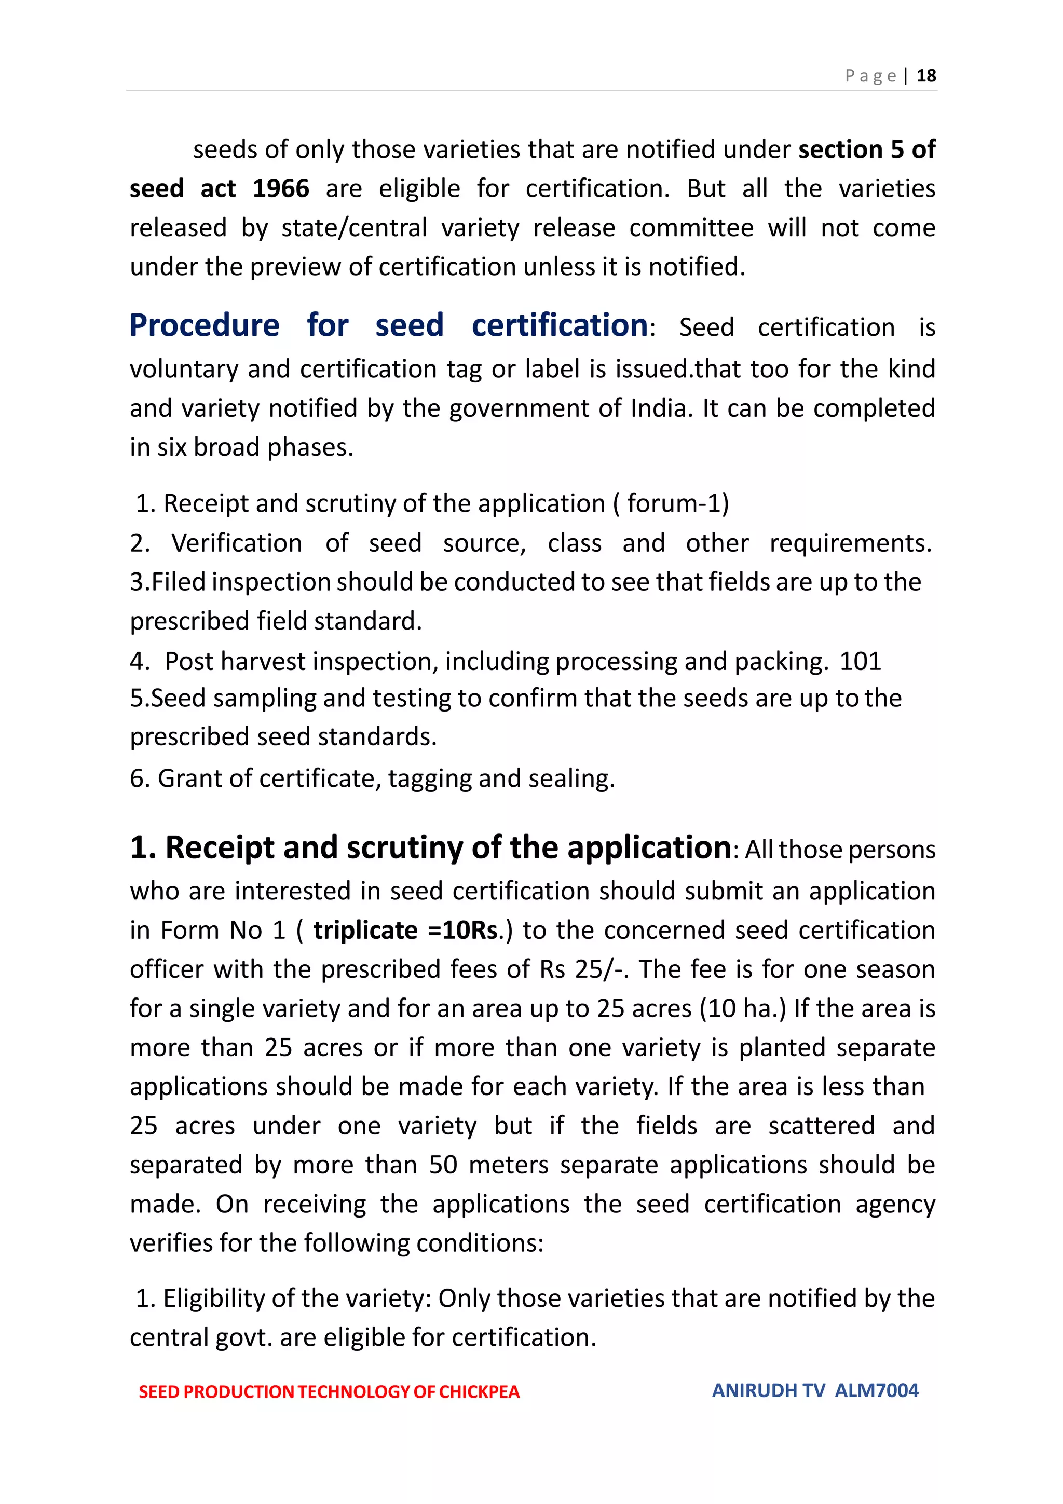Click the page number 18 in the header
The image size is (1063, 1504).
pos(926,76)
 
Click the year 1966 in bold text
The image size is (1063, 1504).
pos(280,189)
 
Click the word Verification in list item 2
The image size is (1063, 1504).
pos(237,543)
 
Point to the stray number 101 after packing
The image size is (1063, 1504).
pos(860,661)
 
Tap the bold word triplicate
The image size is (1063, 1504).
pos(365,930)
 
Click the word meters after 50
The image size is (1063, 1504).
pos(508,1165)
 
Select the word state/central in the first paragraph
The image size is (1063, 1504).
pos(353,228)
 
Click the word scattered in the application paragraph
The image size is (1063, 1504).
pos(821,1126)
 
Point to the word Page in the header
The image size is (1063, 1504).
pos(870,76)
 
